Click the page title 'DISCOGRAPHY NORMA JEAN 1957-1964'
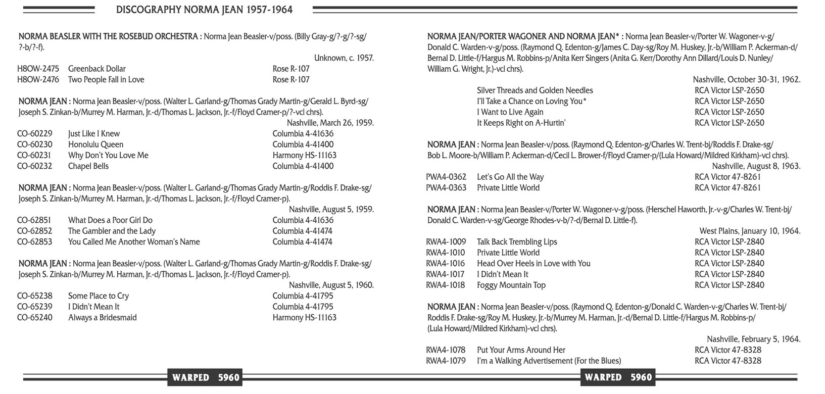click(204, 10)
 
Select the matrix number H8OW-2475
click(38, 69)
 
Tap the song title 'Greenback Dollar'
click(97, 69)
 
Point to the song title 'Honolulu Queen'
click(96, 144)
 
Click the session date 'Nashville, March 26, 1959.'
click(330, 123)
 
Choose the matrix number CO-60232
click(35, 166)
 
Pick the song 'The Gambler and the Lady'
click(112, 231)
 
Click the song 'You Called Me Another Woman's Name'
click(134, 242)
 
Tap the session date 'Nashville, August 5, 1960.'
click(331, 285)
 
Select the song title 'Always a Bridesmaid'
click(103, 318)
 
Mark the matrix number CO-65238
click(35, 296)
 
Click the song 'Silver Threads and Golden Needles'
click(535, 90)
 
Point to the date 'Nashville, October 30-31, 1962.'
click(747, 79)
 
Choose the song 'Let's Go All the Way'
click(510, 177)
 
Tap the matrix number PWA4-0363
click(446, 188)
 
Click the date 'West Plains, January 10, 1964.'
click(750, 231)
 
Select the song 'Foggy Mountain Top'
click(511, 285)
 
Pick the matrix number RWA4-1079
click(446, 361)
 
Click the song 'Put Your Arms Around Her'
click(521, 350)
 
